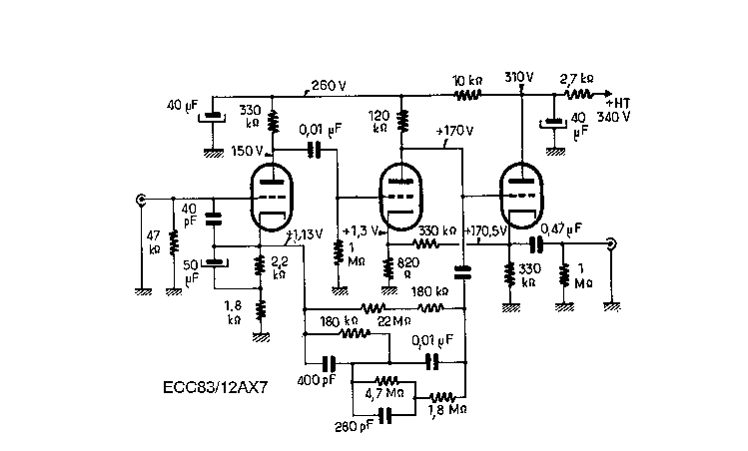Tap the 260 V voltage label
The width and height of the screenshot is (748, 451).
331,85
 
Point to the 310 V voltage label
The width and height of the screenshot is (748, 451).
520,77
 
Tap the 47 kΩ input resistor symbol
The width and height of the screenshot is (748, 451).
173,242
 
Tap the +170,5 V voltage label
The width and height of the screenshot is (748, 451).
488,230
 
